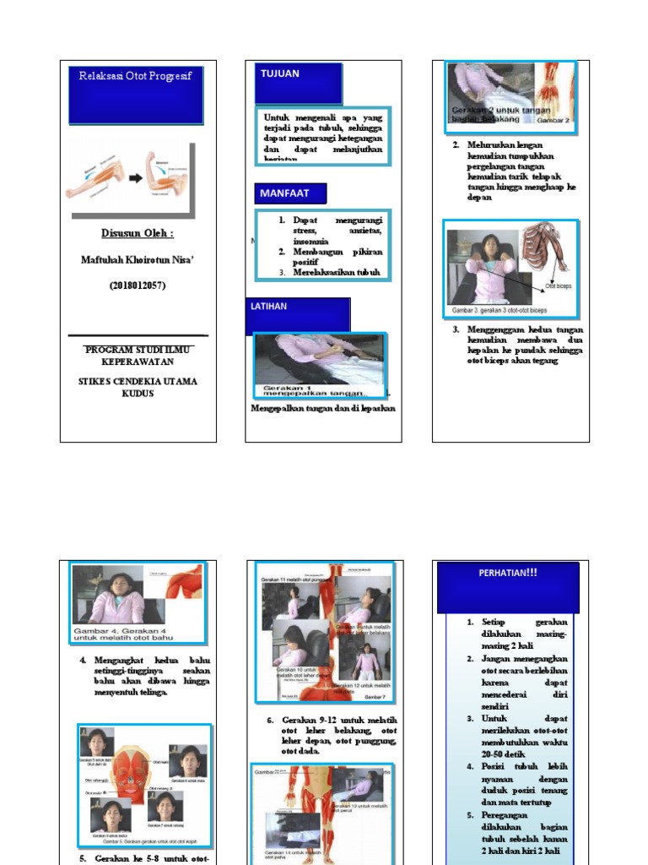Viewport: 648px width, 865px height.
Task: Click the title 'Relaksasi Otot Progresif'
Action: point(135,76)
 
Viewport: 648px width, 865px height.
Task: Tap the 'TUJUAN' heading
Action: point(279,74)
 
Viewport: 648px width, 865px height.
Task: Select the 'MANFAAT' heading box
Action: point(284,193)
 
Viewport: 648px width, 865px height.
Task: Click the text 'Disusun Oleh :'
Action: point(138,233)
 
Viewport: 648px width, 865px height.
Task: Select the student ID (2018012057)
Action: point(138,286)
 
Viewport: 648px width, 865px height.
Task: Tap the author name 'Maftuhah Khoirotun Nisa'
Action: point(138,260)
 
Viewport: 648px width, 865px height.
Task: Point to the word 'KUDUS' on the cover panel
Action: point(138,394)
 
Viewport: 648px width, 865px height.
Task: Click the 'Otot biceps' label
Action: point(558,286)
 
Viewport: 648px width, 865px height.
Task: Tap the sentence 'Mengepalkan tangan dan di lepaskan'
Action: point(323,409)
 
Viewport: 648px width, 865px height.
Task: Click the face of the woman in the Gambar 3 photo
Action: point(489,247)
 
